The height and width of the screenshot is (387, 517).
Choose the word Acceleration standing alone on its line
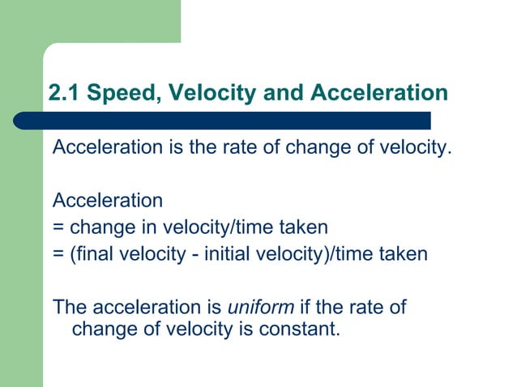[108, 200]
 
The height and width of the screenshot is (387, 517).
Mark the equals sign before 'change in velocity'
[58, 228]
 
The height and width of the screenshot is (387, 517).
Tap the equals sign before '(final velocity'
[58, 254]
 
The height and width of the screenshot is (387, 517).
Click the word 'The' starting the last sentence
[69, 308]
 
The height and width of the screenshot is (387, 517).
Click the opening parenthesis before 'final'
[73, 254]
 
